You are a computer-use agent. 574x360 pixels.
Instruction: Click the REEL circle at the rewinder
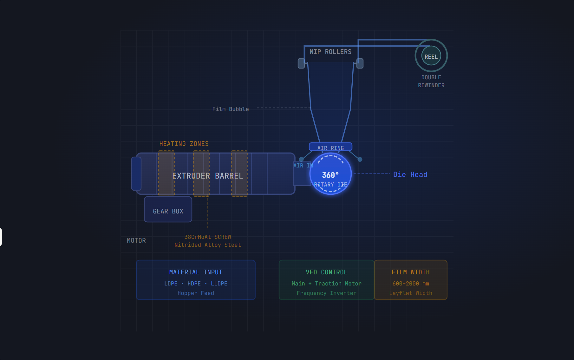431,56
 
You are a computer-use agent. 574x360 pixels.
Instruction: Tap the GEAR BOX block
168,209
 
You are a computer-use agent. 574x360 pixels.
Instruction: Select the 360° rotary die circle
330,174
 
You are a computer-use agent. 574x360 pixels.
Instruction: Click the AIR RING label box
330,147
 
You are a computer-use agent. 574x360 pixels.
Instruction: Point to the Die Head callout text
410,174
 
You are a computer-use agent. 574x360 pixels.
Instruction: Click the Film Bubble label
231,109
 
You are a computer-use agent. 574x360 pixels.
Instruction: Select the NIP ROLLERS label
330,52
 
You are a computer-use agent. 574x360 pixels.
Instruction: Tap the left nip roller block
301,63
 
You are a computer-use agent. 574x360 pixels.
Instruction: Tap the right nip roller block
360,63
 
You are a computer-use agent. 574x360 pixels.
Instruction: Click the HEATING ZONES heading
184,144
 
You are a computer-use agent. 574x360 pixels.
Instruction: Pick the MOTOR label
136,240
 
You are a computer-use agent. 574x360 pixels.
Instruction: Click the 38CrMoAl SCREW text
208,237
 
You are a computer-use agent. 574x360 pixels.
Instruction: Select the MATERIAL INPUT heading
196,272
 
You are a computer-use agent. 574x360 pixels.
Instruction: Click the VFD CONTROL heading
326,272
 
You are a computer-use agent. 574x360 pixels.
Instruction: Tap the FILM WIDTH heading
411,272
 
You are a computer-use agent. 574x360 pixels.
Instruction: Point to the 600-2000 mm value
411,284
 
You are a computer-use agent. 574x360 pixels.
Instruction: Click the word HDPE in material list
194,284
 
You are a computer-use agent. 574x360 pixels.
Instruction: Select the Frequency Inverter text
326,293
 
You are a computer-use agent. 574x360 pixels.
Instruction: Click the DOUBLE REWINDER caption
431,81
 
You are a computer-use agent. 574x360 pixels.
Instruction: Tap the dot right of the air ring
360,159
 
